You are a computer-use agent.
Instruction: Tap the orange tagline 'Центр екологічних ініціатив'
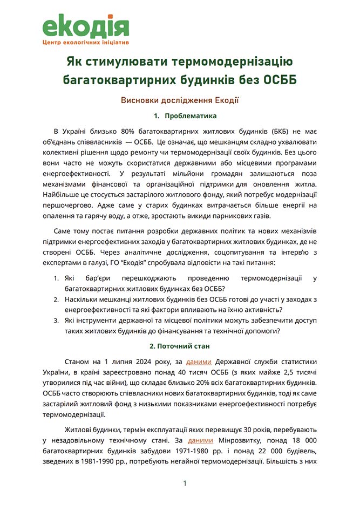(x=86, y=42)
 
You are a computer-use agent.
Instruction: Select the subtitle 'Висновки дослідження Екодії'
(x=180, y=100)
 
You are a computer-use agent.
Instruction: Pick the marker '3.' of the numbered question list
(x=57, y=321)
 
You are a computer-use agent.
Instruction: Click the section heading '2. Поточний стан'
(x=180, y=345)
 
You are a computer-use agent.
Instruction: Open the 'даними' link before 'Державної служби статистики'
(x=195, y=361)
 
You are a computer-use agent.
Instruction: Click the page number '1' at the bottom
(x=185, y=483)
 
